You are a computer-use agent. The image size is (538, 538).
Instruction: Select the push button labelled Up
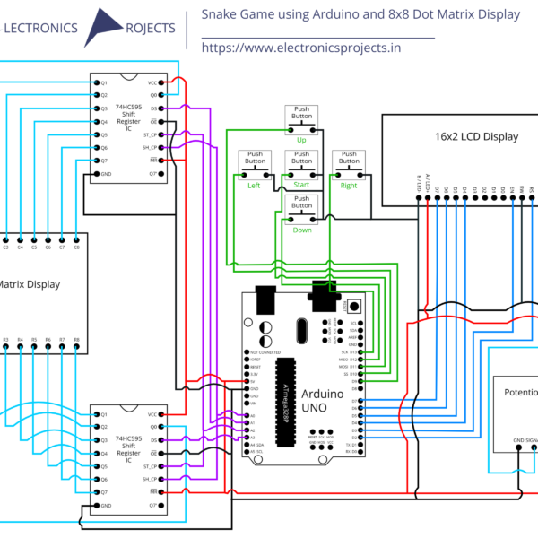pyautogui.click(x=302, y=122)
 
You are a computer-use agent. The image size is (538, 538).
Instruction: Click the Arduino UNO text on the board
pyautogui.click(x=321, y=400)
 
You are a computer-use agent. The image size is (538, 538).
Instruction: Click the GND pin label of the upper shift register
pyautogui.click(x=106, y=174)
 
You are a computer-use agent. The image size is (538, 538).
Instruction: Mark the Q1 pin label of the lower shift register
pyautogui.click(x=104, y=414)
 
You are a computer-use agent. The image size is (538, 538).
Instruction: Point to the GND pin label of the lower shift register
pyautogui.click(x=106, y=506)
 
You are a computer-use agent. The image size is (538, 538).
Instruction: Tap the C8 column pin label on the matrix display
pyautogui.click(x=77, y=246)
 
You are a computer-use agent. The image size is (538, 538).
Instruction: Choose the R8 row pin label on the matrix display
pyautogui.click(x=77, y=341)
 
